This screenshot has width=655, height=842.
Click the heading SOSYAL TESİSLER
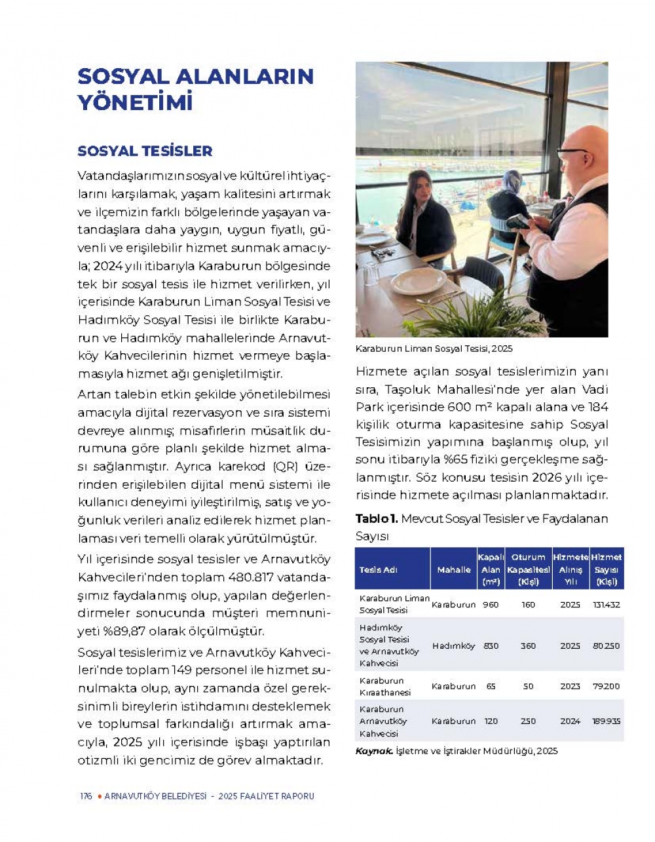(145, 151)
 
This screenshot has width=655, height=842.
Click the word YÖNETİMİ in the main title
(135, 103)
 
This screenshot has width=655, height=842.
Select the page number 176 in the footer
(86, 796)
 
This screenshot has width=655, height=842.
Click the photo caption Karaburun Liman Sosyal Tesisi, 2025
(434, 349)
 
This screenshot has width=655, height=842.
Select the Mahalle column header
(454, 569)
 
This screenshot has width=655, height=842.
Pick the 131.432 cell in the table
(606, 604)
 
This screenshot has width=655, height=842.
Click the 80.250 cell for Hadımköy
(606, 645)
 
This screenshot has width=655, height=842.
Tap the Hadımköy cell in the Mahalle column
(453, 645)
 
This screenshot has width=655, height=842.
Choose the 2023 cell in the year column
(570, 686)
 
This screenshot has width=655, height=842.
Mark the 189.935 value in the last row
(606, 721)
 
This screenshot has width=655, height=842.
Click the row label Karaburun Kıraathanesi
(385, 686)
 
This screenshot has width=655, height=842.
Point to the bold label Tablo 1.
(376, 518)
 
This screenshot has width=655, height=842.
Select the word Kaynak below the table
(374, 751)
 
